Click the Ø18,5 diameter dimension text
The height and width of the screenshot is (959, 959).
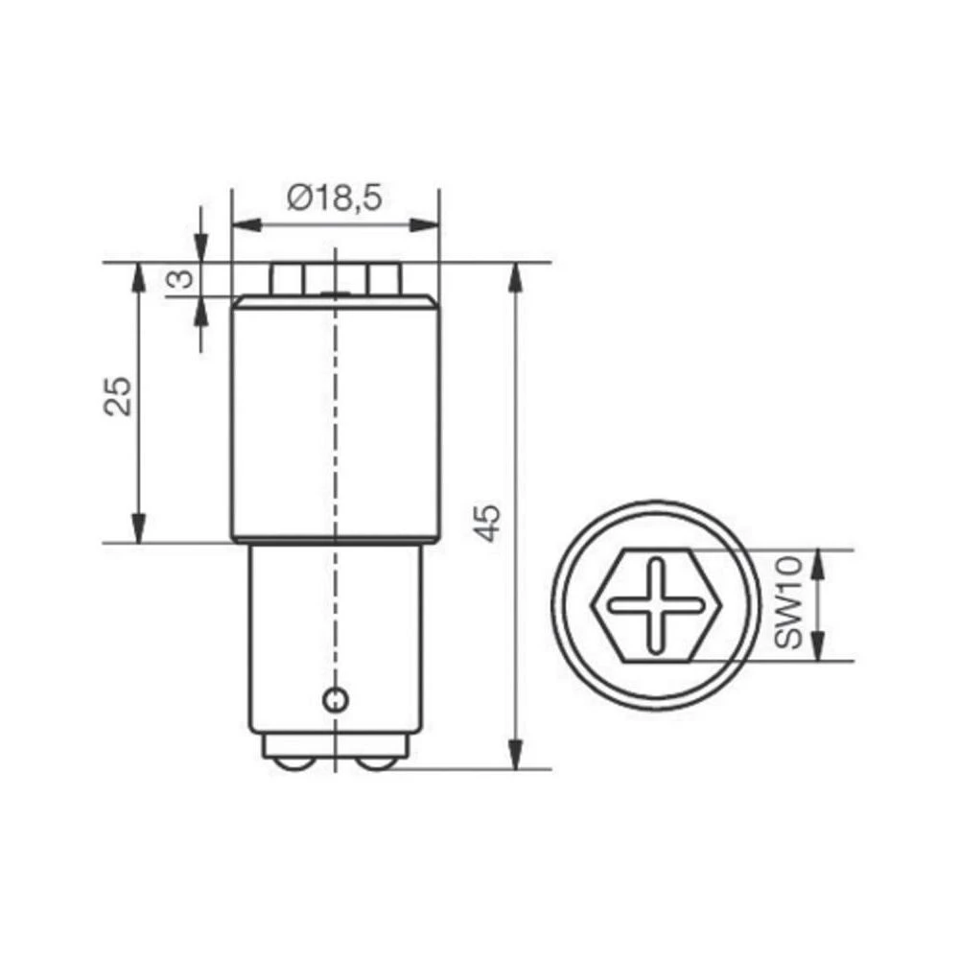335,199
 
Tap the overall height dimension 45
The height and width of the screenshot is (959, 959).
488,523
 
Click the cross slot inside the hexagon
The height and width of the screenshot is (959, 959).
657,603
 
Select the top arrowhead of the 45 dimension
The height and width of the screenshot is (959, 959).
516,278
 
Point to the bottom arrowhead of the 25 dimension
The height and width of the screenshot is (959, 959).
140,528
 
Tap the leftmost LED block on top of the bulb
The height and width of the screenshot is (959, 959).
285,279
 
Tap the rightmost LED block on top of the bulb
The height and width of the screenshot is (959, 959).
384,279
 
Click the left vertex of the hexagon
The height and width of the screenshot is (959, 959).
596,604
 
